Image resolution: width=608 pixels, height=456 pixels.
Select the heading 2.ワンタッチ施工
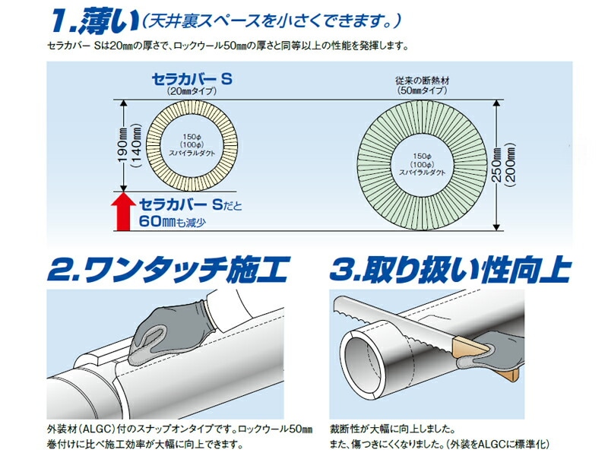click(168, 268)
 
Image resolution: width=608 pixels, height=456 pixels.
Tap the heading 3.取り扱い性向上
click(451, 268)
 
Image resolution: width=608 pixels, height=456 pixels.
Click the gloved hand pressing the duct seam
click(166, 334)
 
